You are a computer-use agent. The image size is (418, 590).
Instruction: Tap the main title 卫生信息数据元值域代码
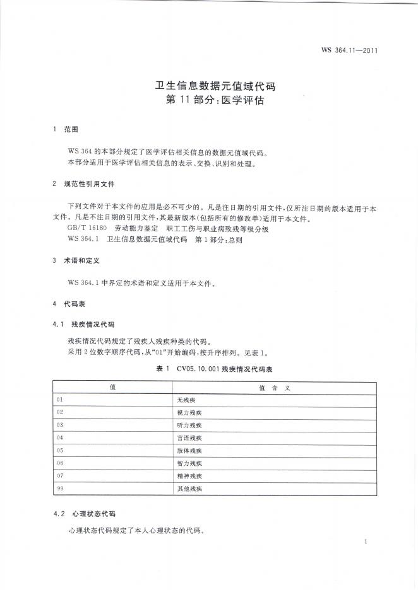[209, 85]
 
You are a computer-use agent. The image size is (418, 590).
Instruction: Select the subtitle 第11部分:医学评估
[209, 100]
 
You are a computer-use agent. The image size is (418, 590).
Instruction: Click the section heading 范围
[71, 129]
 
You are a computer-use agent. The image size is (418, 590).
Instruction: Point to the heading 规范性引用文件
[89, 185]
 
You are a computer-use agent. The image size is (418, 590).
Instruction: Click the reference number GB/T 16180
[88, 228]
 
